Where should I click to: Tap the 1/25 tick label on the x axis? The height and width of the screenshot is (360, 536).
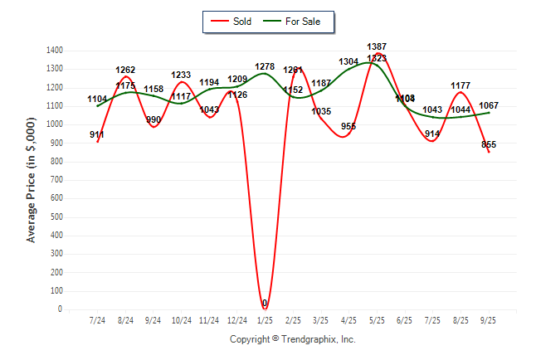coord(265,320)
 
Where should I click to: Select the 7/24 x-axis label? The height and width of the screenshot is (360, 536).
coord(97,320)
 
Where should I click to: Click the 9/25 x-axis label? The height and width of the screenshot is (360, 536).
coord(488,320)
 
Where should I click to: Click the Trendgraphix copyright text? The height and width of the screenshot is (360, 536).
coord(292,339)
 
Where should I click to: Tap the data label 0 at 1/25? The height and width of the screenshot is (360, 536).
coord(265,304)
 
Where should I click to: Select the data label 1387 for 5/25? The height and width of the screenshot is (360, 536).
coord(376,46)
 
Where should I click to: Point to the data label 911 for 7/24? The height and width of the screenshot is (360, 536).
coord(97,134)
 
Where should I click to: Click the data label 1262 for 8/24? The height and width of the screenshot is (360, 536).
coord(125,70)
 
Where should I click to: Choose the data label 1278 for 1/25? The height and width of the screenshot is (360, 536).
coord(265,66)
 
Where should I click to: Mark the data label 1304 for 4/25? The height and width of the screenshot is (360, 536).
coord(348,61)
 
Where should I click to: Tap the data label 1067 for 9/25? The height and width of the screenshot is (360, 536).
coord(489,105)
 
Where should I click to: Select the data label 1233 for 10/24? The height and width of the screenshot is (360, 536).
coord(181,75)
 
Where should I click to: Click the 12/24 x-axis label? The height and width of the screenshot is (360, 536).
coord(236,320)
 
